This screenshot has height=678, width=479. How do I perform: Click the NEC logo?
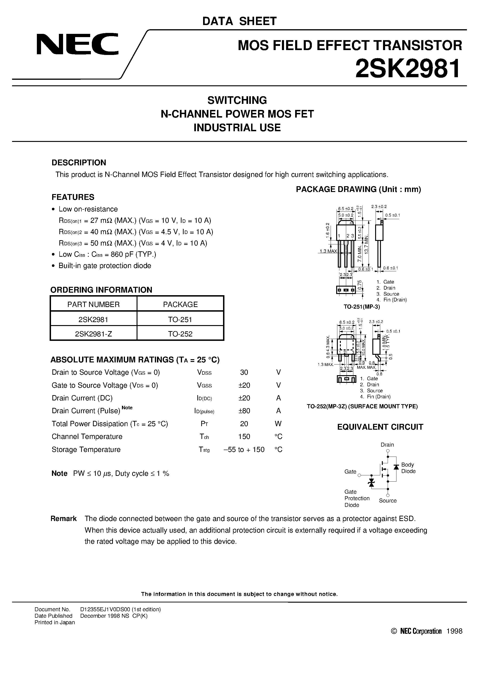[x=77, y=44]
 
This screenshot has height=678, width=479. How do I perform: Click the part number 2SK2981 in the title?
[x=408, y=68]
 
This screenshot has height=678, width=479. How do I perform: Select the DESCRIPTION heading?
[x=79, y=163]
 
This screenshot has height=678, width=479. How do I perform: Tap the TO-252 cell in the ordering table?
[x=180, y=334]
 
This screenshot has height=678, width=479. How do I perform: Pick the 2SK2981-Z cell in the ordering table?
[x=93, y=334]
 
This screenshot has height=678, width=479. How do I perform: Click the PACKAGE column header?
[x=180, y=304]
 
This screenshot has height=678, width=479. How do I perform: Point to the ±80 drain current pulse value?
[x=244, y=411]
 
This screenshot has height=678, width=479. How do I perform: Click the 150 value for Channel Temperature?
[x=244, y=436]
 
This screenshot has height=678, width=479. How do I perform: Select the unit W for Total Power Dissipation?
[x=278, y=424]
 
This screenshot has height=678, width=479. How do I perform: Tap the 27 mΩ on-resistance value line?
[x=135, y=221]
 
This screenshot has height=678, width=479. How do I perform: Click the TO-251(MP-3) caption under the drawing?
[x=361, y=307]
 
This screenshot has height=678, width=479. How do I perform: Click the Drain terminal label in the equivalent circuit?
[x=387, y=445]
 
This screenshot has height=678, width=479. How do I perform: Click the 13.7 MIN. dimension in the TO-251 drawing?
[x=367, y=244]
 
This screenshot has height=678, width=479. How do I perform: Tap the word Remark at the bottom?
[x=64, y=518]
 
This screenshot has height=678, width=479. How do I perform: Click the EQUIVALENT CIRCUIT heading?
[x=380, y=427]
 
